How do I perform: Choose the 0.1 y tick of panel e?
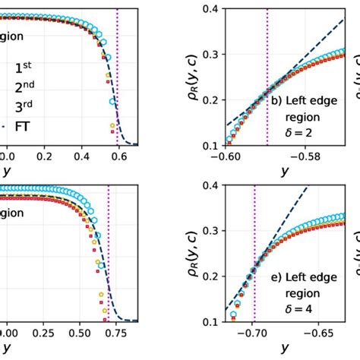(x=207, y=321)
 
